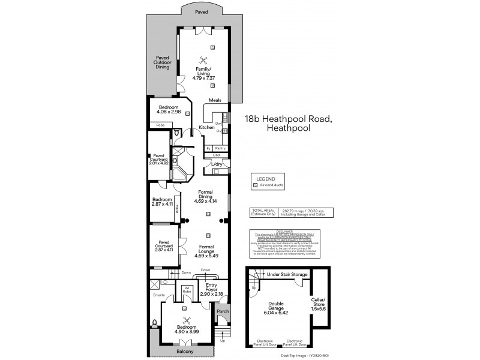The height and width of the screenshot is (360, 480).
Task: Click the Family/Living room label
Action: point(203,72)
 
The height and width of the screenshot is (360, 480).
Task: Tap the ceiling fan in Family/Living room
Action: point(203,59)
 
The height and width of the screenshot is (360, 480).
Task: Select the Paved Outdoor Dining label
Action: point(163,62)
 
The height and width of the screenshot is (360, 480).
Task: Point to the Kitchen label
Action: point(206,128)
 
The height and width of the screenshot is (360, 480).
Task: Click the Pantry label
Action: point(220,148)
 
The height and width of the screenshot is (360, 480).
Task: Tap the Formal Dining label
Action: point(208,196)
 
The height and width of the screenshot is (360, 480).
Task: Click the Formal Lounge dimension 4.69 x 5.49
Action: point(208,256)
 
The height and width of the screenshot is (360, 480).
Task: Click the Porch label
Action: point(223,311)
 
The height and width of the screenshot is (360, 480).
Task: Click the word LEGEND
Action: point(265,179)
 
